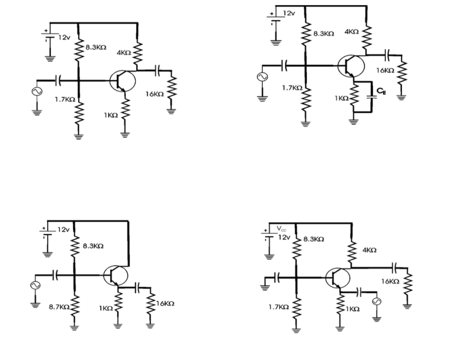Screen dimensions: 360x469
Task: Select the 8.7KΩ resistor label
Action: coord(57,307)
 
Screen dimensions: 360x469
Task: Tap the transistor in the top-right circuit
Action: coord(351,65)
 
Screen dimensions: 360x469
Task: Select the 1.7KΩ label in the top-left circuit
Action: coord(65,100)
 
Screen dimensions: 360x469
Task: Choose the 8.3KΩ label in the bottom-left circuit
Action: coord(93,246)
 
